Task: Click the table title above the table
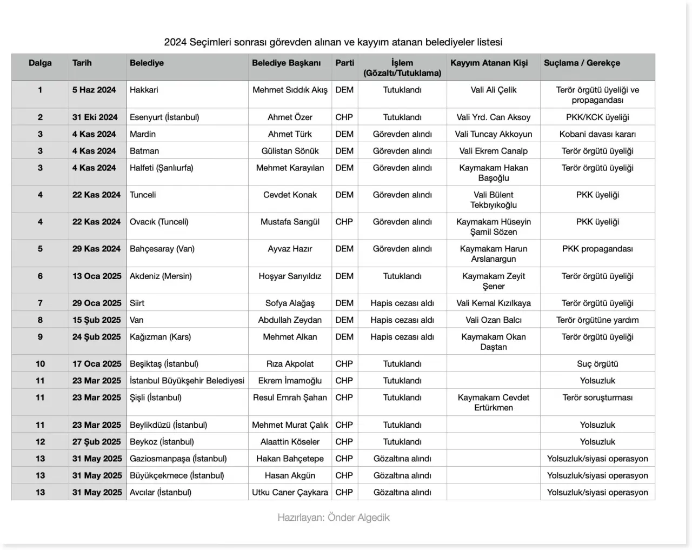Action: pos(333,42)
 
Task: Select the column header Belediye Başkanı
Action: pos(286,63)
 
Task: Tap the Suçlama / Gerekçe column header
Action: pos(582,63)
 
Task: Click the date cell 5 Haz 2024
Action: pos(94,90)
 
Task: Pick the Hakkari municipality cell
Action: pos(144,90)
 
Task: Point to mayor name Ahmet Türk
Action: pos(290,134)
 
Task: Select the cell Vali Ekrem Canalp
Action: pos(493,151)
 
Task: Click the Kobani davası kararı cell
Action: pos(597,134)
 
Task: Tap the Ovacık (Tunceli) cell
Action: pos(159,222)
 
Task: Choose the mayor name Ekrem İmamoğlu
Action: pos(290,380)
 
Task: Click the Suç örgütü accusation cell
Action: pos(597,363)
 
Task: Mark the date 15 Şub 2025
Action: pos(97,320)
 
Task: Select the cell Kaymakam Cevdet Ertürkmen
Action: pos(493,402)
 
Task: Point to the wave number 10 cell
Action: pos(40,363)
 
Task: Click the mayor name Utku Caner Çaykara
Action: pos(290,492)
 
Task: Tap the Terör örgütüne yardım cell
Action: pos(597,320)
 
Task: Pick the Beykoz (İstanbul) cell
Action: pos(162,441)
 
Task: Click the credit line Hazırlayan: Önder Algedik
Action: pos(333,518)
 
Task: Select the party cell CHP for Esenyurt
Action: pos(344,117)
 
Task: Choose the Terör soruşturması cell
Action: pos(597,397)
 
